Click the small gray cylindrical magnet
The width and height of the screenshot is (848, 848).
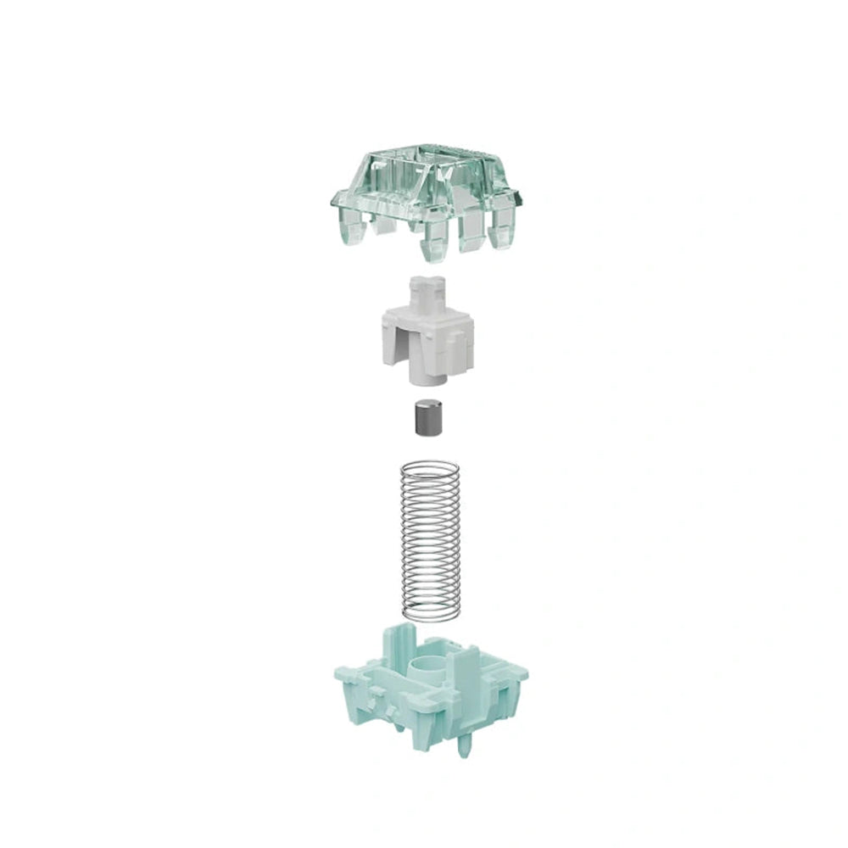point(424,419)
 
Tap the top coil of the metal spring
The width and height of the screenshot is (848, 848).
point(429,466)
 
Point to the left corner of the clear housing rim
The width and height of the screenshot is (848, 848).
point(332,201)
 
